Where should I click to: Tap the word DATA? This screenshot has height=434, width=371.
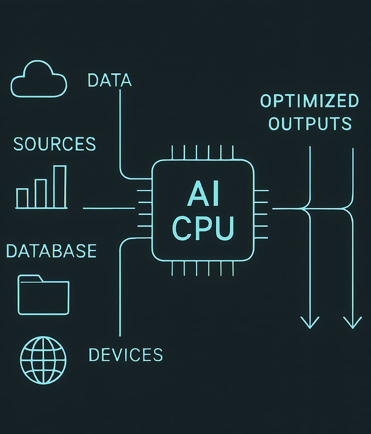110,80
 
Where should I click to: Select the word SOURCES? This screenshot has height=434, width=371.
55,144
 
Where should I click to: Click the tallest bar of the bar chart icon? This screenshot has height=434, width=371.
60,187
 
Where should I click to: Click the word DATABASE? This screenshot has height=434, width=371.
51,251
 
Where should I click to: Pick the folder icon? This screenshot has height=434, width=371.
43,295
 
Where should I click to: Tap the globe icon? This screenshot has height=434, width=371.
43,360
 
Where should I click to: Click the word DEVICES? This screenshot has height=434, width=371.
126,355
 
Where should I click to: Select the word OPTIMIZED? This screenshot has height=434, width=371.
310,101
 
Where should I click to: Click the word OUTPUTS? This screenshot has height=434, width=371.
310,123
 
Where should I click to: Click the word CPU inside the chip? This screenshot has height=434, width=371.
203,228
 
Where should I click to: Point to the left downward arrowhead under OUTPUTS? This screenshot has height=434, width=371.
310,321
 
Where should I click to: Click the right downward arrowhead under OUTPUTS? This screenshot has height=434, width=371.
353,321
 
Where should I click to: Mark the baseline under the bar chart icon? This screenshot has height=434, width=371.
42,208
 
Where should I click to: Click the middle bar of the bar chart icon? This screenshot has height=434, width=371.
41,193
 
